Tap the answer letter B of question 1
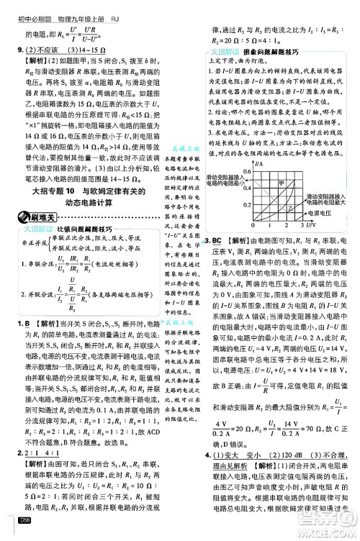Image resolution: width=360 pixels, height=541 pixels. click(28, 324)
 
